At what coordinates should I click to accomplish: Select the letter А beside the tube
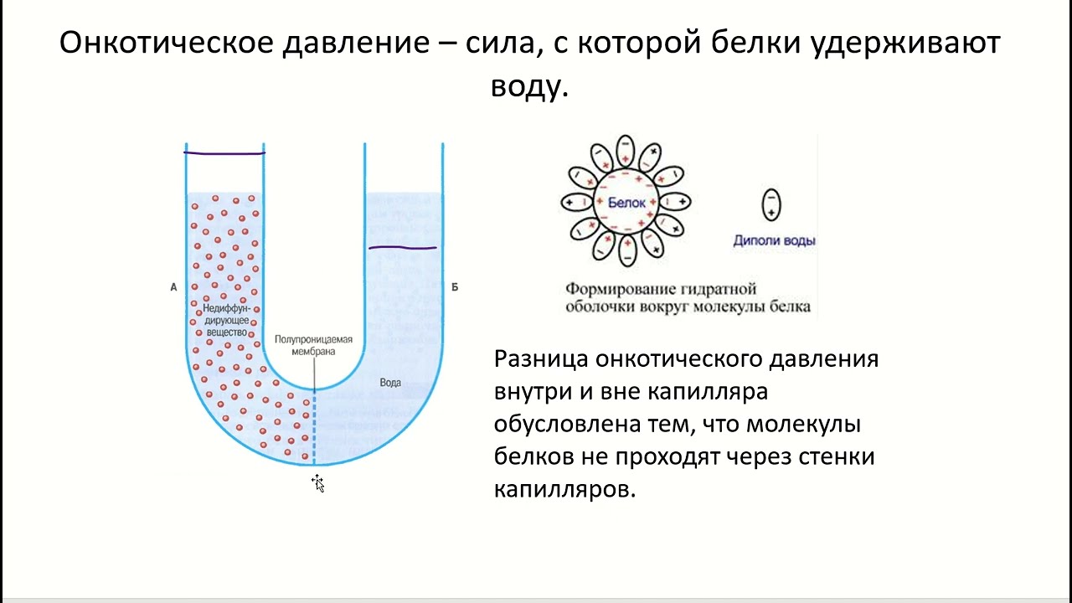[173, 287]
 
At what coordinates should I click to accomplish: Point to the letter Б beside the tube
[455, 287]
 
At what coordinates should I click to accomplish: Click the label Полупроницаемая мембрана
[314, 346]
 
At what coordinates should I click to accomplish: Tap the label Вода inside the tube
[390, 383]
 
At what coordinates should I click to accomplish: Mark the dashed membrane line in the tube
[314, 427]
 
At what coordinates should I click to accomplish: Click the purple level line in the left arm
[224, 153]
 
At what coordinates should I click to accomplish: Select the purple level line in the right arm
[403, 248]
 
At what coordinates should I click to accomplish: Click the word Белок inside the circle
[626, 203]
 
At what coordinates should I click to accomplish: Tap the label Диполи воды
[774, 241]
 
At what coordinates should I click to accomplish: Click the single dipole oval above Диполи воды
[770, 204]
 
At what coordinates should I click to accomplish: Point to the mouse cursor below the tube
[317, 482]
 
